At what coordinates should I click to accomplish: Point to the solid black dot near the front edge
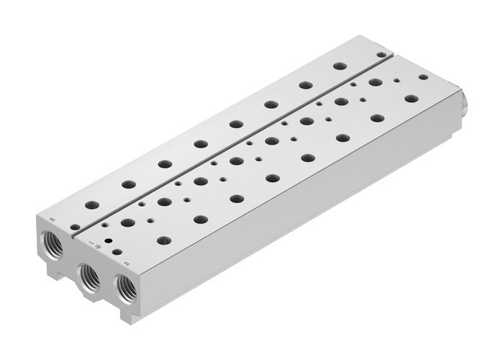pyautogui.click(x=108, y=240)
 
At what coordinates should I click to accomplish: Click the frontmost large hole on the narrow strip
pyautogui.click(x=94, y=204)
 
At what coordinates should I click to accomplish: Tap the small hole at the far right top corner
pyautogui.click(x=423, y=76)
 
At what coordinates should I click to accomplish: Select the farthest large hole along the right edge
pyautogui.click(x=410, y=98)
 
